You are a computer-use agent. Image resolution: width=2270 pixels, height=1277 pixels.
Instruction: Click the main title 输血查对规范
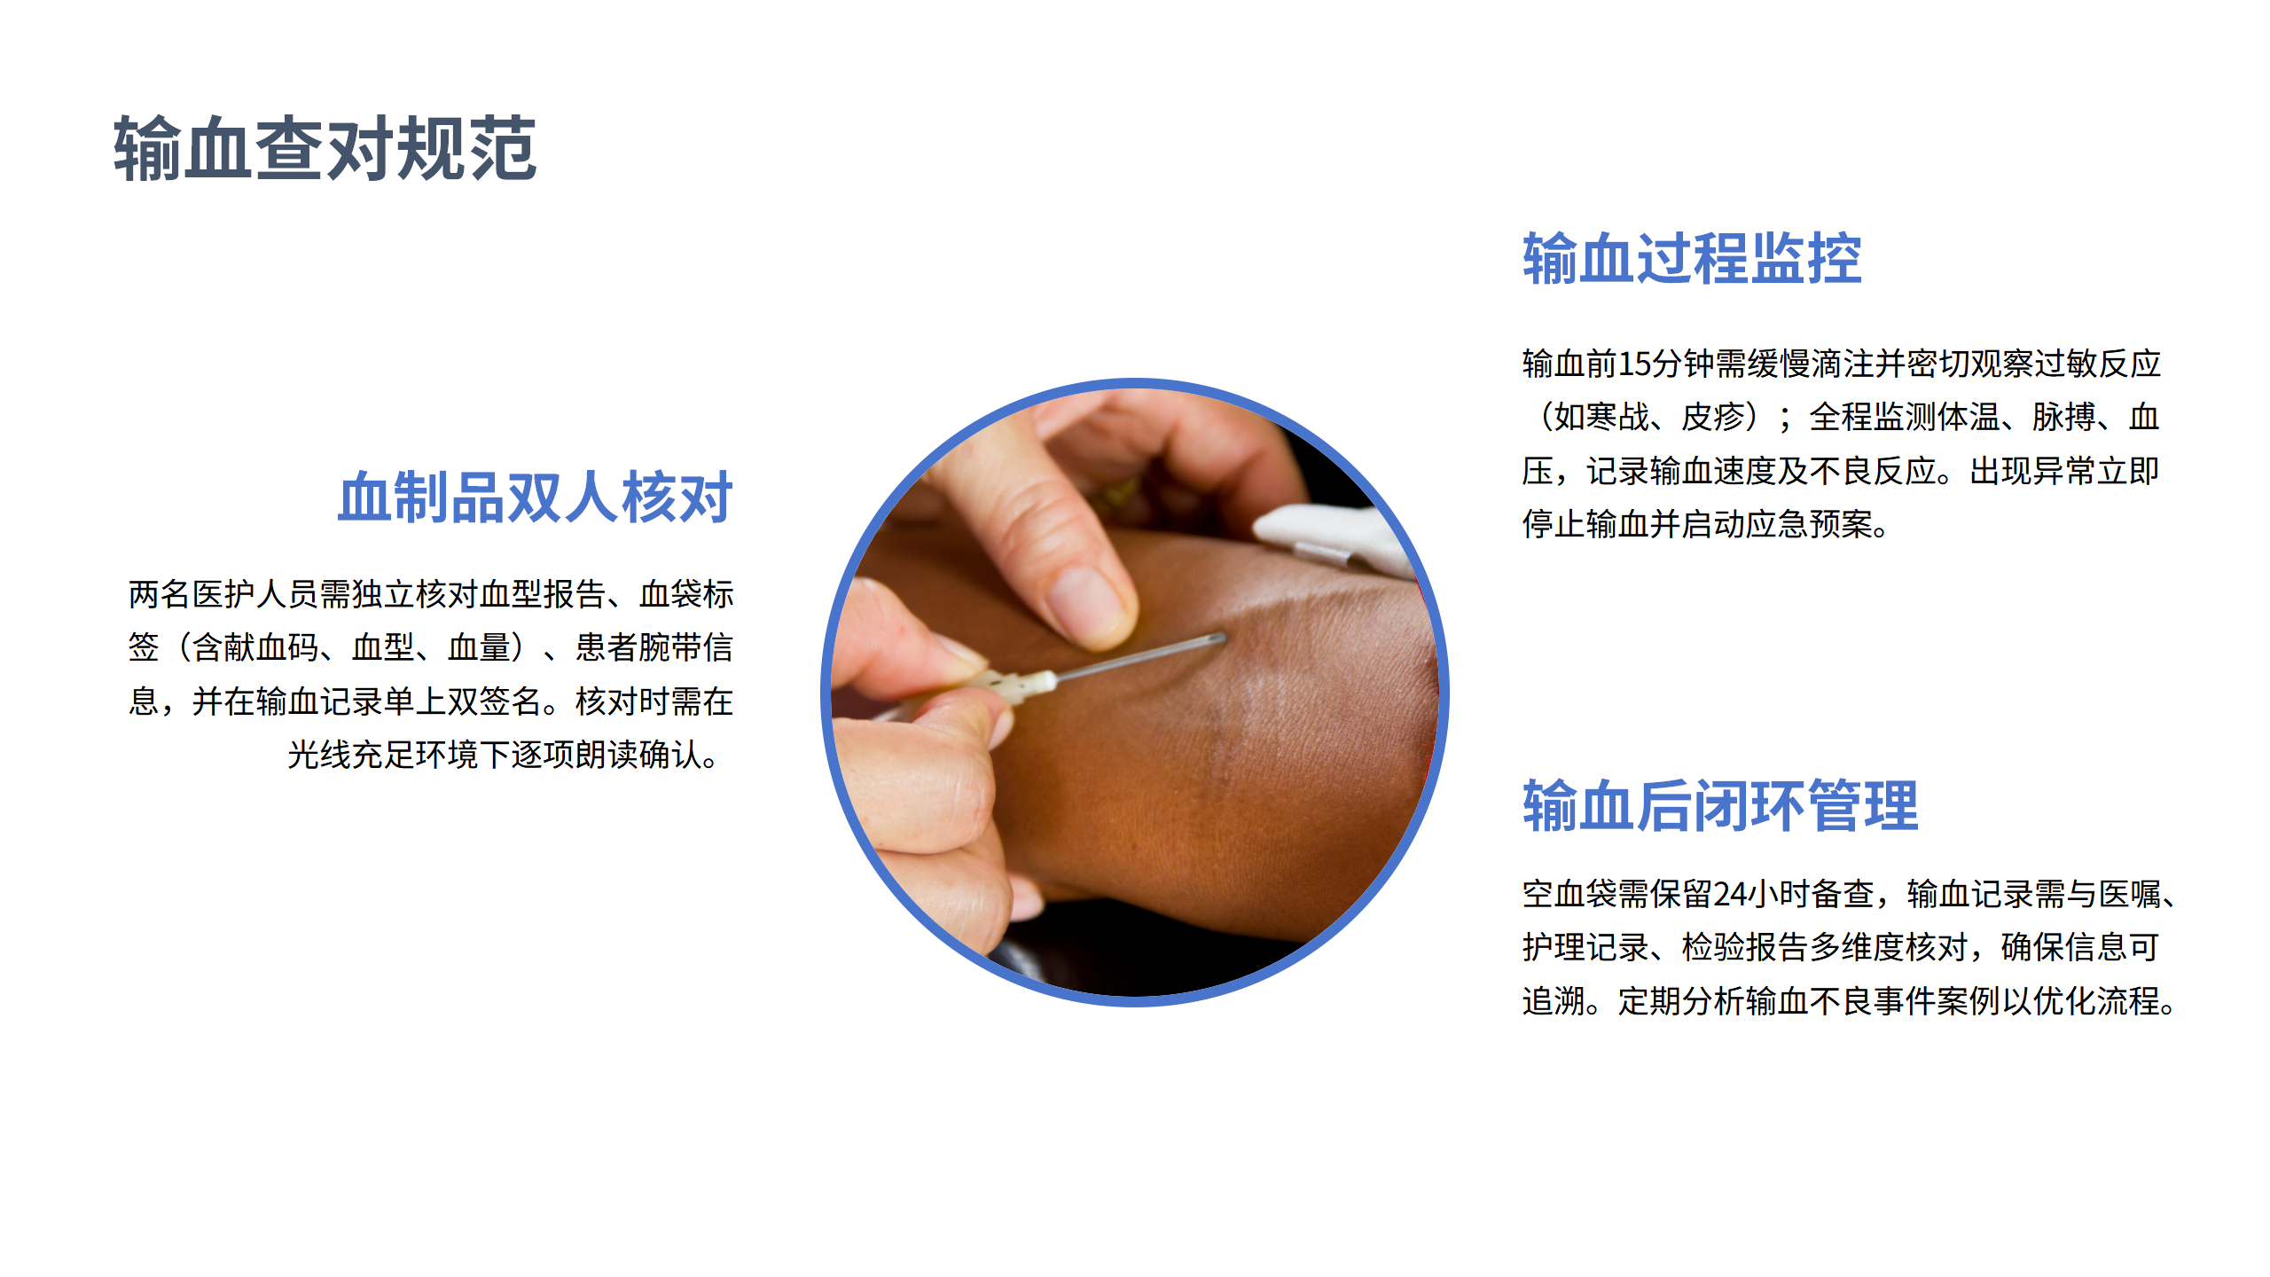click(325, 148)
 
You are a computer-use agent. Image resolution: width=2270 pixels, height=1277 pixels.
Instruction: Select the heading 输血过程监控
click(1692, 259)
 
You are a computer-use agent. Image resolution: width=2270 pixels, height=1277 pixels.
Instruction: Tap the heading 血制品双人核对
click(536, 497)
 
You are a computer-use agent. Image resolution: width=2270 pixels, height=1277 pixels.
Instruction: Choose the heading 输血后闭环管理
click(1720, 806)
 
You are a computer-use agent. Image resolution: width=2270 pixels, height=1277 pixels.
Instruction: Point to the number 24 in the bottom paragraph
click(1730, 894)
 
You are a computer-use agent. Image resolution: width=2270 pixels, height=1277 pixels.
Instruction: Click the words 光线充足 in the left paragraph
click(351, 756)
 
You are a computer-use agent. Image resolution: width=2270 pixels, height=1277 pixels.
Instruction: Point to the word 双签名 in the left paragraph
click(495, 701)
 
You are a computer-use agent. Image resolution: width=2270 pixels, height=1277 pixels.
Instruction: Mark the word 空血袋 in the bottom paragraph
click(1569, 894)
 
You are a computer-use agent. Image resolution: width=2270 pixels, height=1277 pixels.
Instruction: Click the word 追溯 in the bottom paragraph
click(1554, 1001)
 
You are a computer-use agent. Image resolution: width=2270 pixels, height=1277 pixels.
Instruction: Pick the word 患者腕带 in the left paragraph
click(638, 647)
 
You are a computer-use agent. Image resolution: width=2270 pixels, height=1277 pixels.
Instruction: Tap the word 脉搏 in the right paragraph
click(2064, 417)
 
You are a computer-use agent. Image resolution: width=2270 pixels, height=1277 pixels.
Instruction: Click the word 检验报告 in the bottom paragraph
click(1745, 947)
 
